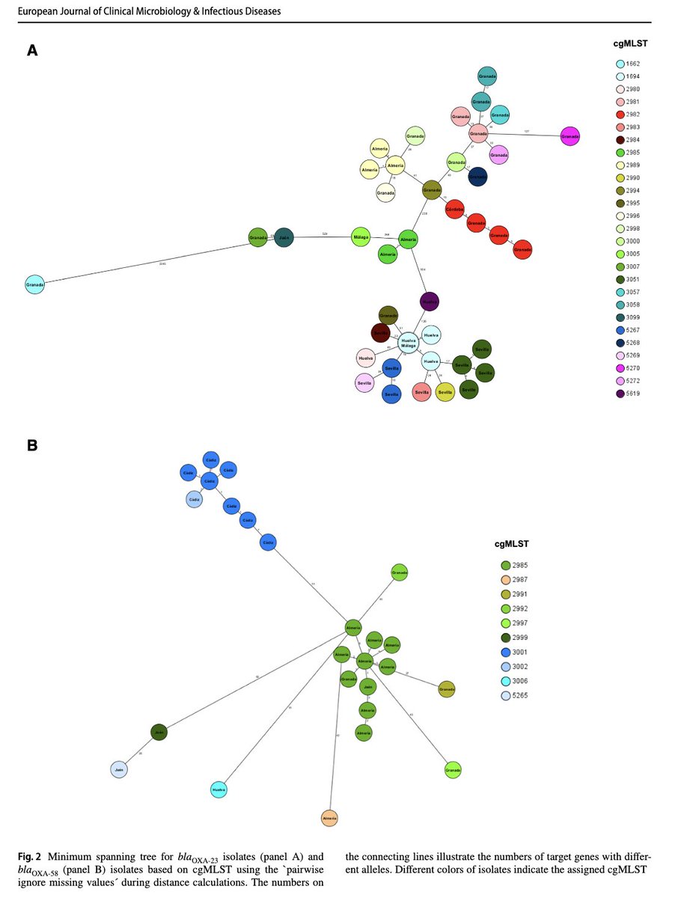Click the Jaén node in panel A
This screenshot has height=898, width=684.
284,237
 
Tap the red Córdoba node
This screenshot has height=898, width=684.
455,210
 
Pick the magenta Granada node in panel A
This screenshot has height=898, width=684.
570,136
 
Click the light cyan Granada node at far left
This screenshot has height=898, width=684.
35,284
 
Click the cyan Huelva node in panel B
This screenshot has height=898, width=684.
219,789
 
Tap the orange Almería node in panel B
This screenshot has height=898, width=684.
330,819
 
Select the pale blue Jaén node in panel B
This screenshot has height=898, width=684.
119,769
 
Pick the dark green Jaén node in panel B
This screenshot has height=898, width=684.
158,733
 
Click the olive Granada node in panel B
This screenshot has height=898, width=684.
447,688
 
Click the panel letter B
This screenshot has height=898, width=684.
33,445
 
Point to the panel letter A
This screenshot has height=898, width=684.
33,50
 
